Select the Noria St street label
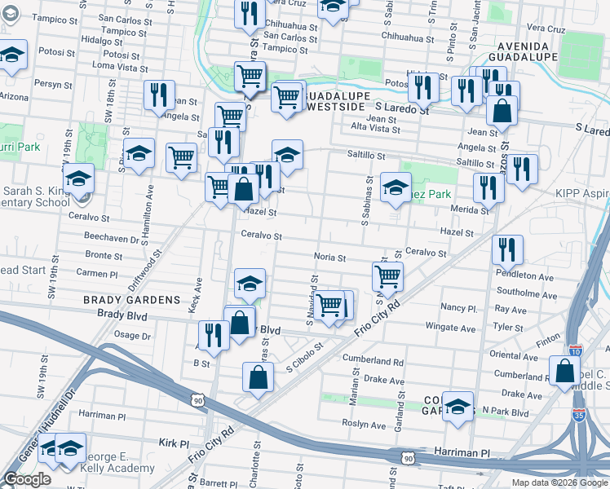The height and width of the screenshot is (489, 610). coord(330,258)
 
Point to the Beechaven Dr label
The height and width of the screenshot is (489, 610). coord(112,238)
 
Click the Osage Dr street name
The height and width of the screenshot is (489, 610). coord(132,335)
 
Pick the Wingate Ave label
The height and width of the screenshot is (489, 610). coord(451,328)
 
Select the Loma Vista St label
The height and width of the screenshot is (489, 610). coord(117,66)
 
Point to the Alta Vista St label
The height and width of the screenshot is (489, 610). coord(374,129)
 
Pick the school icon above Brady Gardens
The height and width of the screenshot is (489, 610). coord(250,284)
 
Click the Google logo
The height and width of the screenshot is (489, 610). coord(28,479)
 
